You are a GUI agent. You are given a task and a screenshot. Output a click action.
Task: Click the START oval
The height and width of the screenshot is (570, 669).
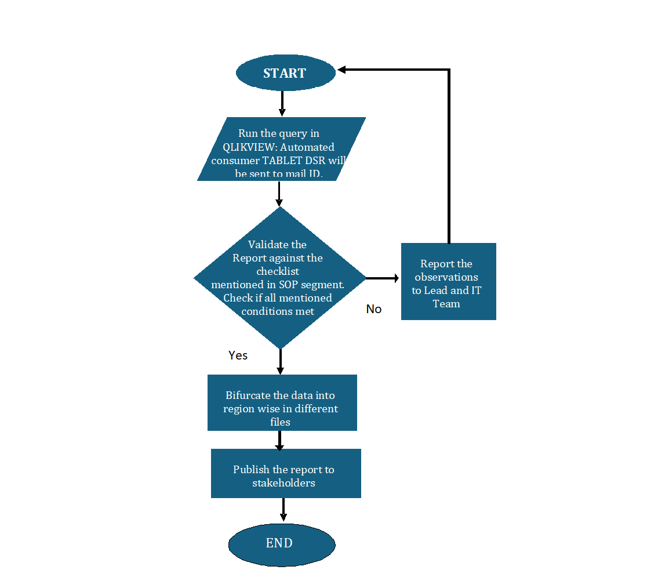[285, 73]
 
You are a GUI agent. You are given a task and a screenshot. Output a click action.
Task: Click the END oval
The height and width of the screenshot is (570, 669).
[282, 543]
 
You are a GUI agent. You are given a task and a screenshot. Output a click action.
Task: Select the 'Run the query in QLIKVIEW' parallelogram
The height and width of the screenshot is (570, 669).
[281, 149]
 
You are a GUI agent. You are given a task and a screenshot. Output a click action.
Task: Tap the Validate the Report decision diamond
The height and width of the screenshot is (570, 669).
[279, 278]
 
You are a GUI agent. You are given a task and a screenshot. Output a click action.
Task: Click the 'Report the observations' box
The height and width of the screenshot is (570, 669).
[448, 281]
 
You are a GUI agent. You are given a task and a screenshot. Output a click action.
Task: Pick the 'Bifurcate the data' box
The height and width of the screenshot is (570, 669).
[282, 402]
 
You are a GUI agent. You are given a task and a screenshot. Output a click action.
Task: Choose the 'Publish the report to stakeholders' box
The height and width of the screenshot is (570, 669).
[286, 473]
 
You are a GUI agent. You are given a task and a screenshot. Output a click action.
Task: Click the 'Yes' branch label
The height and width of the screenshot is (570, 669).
[238, 355]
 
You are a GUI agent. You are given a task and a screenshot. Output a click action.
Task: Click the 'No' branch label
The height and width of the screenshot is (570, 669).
[374, 309]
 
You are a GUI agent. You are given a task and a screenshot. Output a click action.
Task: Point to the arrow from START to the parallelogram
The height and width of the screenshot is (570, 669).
[282, 104]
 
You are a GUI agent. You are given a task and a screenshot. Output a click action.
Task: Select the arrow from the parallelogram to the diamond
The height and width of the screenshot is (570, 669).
[279, 194]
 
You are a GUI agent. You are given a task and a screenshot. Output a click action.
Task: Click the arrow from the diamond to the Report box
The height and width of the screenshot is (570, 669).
[383, 278]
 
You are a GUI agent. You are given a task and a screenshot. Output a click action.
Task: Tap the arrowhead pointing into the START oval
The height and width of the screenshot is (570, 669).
[342, 70]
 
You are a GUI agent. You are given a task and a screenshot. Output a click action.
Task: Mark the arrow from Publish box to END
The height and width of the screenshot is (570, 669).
[283, 510]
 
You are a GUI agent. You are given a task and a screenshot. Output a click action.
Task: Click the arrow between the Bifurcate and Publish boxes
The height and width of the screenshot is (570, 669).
[279, 440]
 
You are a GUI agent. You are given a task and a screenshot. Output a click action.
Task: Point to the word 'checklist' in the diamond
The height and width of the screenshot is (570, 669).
[278, 271]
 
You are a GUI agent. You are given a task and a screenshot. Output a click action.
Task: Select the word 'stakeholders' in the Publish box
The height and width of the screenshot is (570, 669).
[283, 483]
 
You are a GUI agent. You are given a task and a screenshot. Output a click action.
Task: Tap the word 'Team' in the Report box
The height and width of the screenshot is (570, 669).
[446, 303]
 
